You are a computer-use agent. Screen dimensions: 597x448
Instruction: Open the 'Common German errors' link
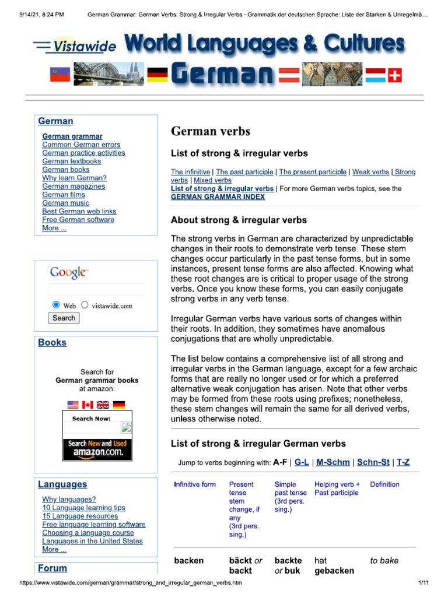81,145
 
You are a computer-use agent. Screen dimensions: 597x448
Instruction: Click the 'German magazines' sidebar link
73,187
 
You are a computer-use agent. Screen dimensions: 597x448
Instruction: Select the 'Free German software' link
78,220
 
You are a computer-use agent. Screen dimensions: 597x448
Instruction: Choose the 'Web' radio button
56,305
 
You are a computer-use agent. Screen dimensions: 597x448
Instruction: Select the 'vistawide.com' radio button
85,305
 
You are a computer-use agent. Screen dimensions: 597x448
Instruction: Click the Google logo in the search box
69,272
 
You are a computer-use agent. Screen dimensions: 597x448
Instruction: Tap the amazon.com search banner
97,448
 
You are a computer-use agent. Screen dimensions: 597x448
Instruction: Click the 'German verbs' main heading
210,131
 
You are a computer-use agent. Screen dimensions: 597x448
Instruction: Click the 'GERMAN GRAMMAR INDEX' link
218,197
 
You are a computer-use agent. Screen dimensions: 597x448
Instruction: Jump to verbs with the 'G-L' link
302,462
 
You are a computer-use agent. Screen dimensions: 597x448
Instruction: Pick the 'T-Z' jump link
403,462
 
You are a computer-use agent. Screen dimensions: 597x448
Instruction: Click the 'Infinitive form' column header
195,484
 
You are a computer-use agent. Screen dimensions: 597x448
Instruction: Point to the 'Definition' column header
384,484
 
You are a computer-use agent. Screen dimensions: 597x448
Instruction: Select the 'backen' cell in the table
189,561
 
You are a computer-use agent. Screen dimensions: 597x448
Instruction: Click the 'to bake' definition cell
384,561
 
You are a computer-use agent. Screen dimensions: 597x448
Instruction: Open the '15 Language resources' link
80,516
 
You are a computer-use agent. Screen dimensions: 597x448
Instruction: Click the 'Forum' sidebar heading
52,568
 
